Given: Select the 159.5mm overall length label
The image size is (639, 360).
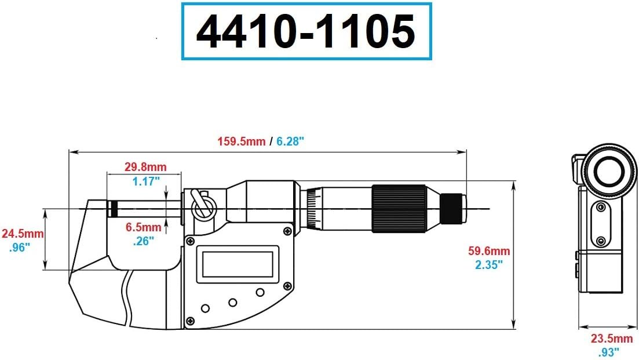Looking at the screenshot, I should [241, 141].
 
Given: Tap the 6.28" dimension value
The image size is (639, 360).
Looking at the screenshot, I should [290, 141].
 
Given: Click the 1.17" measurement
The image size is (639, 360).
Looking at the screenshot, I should [145, 181].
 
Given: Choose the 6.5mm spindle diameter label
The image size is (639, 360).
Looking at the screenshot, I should [144, 227].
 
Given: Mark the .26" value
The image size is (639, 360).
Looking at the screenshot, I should [143, 241].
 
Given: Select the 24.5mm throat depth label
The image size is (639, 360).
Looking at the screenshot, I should [22, 234].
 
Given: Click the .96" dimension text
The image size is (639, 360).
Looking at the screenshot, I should [21, 248].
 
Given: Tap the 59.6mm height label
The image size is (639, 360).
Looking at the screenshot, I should [489, 251].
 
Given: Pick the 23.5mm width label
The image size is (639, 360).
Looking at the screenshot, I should [611, 339].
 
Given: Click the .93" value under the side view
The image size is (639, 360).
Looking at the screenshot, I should [609, 351].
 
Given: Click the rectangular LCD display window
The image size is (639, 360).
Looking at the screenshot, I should [238, 264].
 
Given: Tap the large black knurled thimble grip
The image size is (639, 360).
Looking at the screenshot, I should [399, 208].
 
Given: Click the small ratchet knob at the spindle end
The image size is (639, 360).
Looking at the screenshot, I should [454, 208].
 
